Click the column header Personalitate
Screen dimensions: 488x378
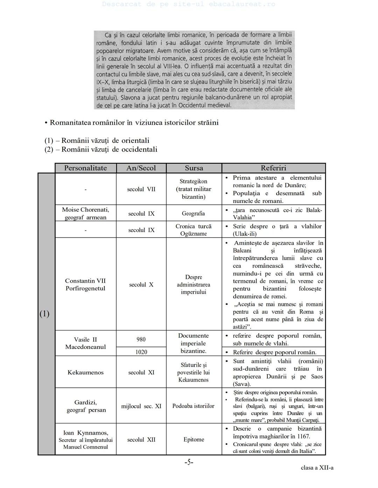[85, 168]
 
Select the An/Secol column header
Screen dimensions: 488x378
[141, 168]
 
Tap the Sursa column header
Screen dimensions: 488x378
[194, 168]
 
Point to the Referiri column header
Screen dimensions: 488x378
[273, 168]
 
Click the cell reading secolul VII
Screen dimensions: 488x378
[141, 189]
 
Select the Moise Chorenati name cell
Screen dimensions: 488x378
[85, 213]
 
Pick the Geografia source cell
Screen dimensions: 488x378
[193, 213]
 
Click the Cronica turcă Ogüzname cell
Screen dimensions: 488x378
[194, 230]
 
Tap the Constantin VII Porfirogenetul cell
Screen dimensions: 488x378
[85, 284]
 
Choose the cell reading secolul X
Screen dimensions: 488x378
[141, 284]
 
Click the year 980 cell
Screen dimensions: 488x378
[141, 339]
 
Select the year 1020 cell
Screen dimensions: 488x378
[141, 352]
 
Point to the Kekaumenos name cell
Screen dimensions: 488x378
[85, 372]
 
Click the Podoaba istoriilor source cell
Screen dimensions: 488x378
[193, 406]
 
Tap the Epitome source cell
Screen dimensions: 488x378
[194, 439]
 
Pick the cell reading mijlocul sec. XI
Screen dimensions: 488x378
[141, 406]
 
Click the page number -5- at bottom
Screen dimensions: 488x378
[189, 462]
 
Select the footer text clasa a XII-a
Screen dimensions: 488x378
[317, 468]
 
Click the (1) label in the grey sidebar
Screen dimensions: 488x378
[44, 314]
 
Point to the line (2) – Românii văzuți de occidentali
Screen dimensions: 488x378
[101, 150]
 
